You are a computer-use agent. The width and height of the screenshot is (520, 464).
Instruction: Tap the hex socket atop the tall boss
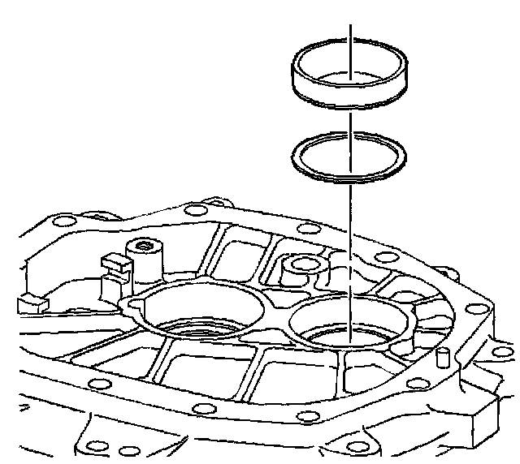pos(145,246)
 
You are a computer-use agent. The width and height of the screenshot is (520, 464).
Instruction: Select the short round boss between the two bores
pos(302,268)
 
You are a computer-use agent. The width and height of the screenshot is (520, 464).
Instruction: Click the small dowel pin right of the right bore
pos(443,357)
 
